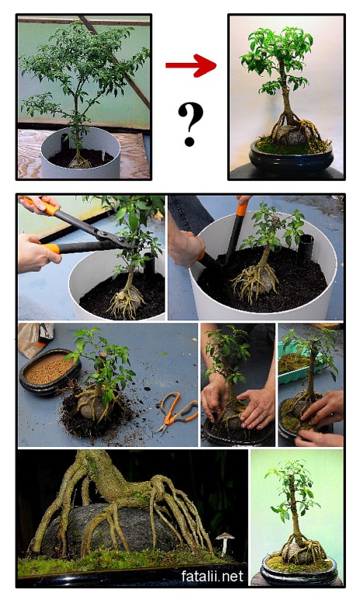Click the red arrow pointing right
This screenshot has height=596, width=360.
coord(191,65)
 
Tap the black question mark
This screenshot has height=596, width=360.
coord(190,125)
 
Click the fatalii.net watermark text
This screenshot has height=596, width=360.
coord(212,577)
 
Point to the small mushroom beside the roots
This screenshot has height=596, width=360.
coord(224,542)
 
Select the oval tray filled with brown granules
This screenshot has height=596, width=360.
coord(50,372)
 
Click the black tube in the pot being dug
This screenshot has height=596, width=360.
coord(306,249)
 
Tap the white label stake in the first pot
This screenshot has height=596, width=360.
coord(103,157)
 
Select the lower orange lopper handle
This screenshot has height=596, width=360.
coord(52,248)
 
